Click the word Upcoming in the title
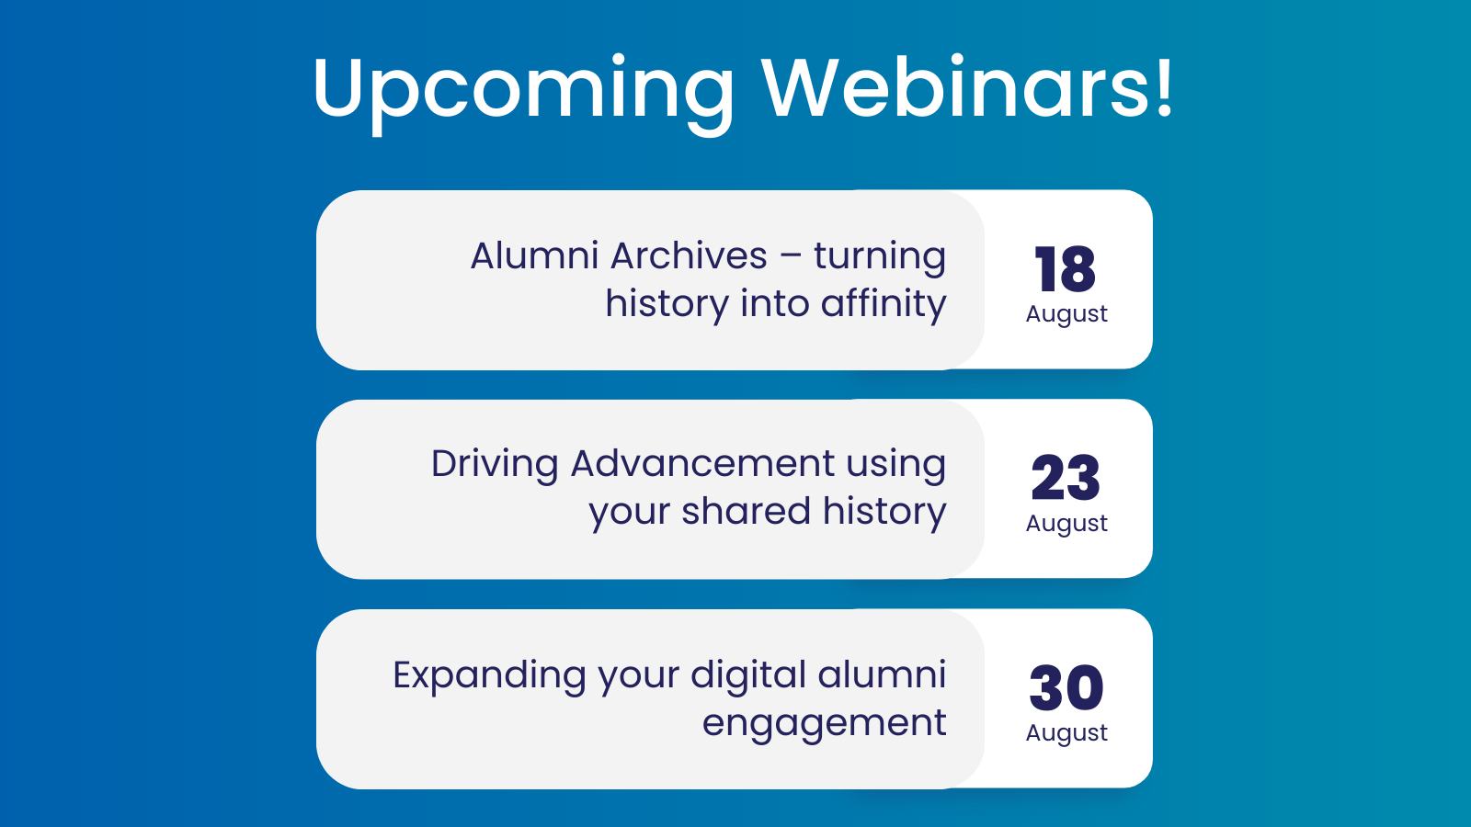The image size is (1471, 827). pos(523,90)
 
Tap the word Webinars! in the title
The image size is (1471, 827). pos(968,88)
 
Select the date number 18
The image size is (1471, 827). pos(1066,269)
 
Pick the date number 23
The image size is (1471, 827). pos(1066,478)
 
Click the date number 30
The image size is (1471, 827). pos(1066,687)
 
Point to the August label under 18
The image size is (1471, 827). pos(1066,314)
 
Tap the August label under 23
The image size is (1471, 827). pos(1066,524)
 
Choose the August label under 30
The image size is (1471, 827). pos(1066,733)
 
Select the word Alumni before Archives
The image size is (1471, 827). pos(534,255)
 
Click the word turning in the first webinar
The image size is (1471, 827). pos(880,257)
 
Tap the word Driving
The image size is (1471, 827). pos(495,465)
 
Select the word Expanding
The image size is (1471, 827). pos(489,676)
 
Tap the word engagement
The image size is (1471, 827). pos(824,724)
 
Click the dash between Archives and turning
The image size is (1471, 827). pos(791,257)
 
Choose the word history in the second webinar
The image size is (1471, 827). pos(884,513)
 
